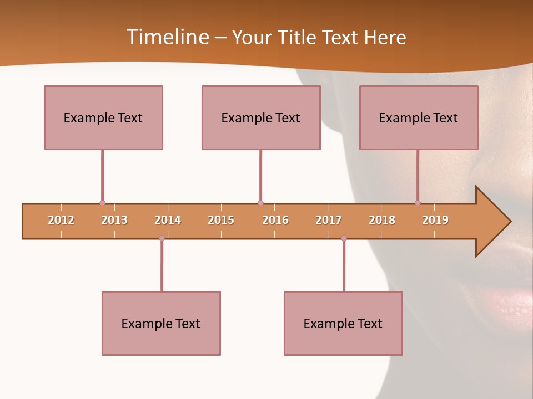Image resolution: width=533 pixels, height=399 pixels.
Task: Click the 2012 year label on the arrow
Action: click(x=61, y=220)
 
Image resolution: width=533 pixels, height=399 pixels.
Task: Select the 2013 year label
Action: click(x=114, y=220)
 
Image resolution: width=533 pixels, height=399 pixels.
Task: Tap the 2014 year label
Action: click(x=168, y=220)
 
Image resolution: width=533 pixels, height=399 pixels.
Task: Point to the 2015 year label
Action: click(x=221, y=220)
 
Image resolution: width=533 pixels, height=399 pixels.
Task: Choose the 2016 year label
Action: click(x=275, y=220)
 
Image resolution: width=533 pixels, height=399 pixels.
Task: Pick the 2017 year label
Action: click(x=329, y=220)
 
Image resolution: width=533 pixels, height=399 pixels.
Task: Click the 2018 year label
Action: click(x=382, y=220)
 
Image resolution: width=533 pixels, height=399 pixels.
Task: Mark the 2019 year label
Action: click(x=435, y=220)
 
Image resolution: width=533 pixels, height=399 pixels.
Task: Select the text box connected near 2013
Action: click(x=103, y=117)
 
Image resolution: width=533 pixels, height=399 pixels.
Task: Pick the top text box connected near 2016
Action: click(x=261, y=117)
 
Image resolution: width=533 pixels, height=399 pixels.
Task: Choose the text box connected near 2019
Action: click(x=419, y=117)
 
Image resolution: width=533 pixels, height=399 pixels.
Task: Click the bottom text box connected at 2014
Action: click(x=161, y=323)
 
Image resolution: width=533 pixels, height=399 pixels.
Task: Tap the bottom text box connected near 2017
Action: click(x=343, y=323)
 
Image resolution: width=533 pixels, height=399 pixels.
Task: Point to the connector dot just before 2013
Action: click(x=102, y=203)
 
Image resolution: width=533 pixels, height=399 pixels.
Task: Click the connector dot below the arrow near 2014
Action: click(x=162, y=238)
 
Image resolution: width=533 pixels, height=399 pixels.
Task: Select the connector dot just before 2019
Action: click(x=418, y=203)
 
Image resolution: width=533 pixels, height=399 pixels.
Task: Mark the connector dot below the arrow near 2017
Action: click(x=344, y=238)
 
